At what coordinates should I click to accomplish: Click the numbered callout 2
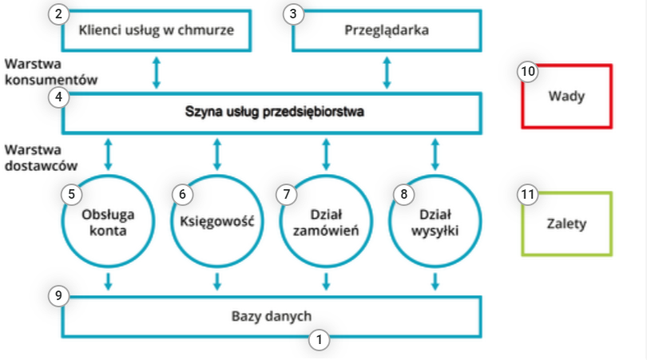[x=58, y=14]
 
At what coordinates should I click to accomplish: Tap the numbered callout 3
[x=296, y=14]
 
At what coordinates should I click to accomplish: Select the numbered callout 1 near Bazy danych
[x=320, y=338]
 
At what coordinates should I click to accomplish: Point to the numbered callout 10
[x=527, y=71]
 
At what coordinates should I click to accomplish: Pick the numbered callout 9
[x=58, y=295]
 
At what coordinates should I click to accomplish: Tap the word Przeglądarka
[x=387, y=31]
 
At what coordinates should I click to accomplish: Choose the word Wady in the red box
[x=567, y=97]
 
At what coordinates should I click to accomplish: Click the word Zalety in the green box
[x=567, y=224]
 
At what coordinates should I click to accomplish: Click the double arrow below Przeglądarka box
[x=387, y=72]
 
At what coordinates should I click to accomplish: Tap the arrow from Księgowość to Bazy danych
[x=216, y=280]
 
